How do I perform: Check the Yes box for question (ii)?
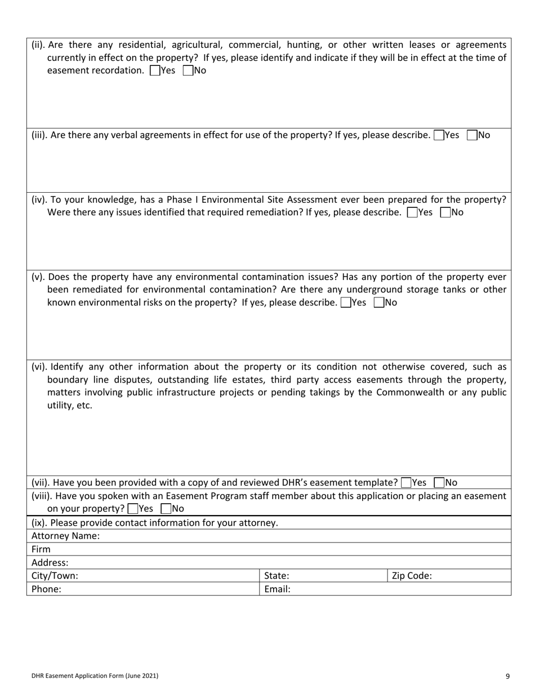pyautogui.click(x=155, y=71)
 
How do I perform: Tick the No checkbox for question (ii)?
pyautogui.click(x=188, y=71)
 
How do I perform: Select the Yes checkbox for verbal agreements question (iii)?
pyautogui.click(x=439, y=135)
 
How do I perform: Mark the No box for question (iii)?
pyautogui.click(x=472, y=135)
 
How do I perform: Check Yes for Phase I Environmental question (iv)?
pyautogui.click(x=412, y=212)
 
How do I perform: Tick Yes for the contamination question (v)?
pyautogui.click(x=345, y=303)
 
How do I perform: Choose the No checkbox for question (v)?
pyautogui.click(x=378, y=303)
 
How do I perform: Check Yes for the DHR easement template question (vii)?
pyautogui.click(x=405, y=483)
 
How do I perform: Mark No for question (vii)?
pyautogui.click(x=439, y=483)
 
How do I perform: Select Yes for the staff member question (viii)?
pyautogui.click(x=132, y=509)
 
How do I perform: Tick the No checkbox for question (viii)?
pyautogui.click(x=166, y=509)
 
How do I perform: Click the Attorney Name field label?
pyautogui.click(x=65, y=536)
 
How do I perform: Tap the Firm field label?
pyautogui.click(x=41, y=549)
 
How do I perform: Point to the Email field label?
pyautogui.click(x=277, y=589)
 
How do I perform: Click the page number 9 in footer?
pyautogui.click(x=507, y=676)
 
